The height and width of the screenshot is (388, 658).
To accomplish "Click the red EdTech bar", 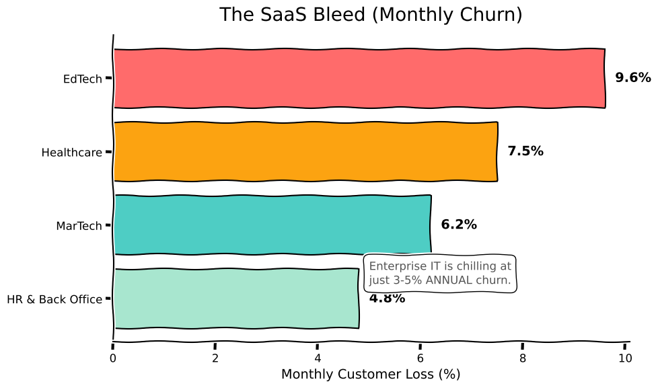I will coord(359,78).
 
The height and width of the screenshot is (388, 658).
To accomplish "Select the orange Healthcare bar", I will coord(305,151).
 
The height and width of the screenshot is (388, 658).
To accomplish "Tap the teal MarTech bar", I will coord(272,225).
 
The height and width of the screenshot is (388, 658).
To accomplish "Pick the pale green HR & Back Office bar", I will coord(236,298).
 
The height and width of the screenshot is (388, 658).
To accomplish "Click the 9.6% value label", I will coord(632,78).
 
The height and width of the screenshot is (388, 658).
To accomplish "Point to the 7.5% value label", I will coord(525,151).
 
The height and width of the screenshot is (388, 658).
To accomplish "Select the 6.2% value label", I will coord(459,225).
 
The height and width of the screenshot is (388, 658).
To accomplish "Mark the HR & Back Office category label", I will coord(54,299).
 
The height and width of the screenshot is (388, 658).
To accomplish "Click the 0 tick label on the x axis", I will coord(113,358).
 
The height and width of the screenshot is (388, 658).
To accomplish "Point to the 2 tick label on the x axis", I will coord(215,358).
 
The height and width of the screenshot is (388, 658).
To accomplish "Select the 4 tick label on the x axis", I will coord(318,358).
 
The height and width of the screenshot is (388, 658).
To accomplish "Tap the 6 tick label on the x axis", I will coord(421,358).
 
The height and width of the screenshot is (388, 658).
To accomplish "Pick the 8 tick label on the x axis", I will coord(523,358).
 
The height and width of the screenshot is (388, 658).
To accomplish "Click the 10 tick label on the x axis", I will coord(625,358).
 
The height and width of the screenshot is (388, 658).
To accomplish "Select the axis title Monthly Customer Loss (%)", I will coord(371,375).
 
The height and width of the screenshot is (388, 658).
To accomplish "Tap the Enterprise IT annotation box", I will coord(440,273).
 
